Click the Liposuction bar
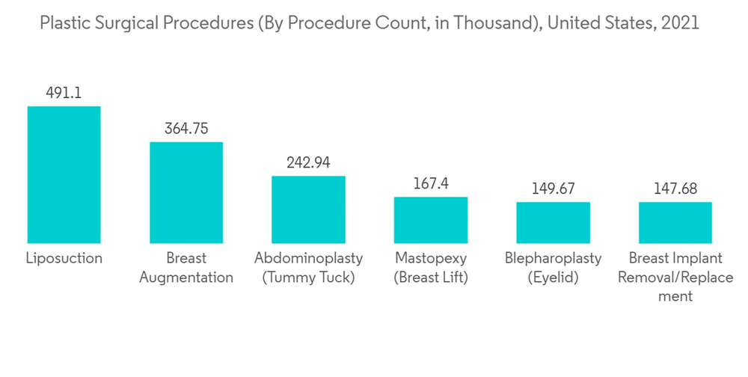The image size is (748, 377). tap(64, 174)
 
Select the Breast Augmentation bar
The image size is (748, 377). tap(186, 192)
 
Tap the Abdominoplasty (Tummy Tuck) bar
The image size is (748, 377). tap(308, 209)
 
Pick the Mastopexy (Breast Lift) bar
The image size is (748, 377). tap(431, 220)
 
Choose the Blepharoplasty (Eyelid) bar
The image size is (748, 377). tap(553, 222)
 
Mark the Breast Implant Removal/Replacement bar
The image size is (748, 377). tap(675, 222)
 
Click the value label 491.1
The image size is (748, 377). tap(64, 94)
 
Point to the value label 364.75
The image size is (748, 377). tap(186, 129)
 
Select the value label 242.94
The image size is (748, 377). tap(308, 163)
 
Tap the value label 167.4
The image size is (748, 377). tap(431, 183)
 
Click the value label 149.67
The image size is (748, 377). tap(553, 188)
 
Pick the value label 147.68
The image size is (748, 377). tap(675, 188)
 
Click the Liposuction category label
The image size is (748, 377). tap(64, 259)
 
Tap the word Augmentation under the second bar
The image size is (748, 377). tap(186, 278)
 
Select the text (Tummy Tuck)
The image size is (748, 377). tap(308, 278)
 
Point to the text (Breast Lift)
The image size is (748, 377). tap(431, 278)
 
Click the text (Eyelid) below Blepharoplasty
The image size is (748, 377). tap(553, 278)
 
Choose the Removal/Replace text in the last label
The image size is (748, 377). tap(675, 278)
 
